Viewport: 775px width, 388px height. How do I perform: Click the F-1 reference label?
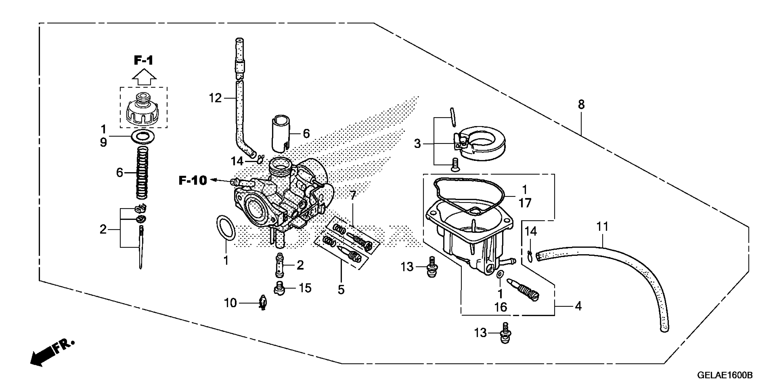tap(144, 60)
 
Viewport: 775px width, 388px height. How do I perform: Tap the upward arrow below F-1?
tap(144, 78)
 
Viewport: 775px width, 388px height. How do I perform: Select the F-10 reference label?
tap(193, 181)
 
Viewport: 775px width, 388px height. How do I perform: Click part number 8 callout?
tap(581, 105)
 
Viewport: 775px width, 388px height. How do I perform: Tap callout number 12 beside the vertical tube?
tap(215, 98)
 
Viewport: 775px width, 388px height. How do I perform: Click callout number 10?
tap(230, 303)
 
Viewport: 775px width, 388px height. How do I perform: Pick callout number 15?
tap(305, 288)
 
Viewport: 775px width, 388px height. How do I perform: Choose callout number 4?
tap(578, 306)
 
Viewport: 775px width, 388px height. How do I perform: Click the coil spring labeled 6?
tap(143, 172)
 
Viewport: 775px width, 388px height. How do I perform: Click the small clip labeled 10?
tap(263, 302)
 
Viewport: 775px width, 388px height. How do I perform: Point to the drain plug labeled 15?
tap(280, 288)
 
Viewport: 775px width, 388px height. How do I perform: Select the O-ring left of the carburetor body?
tap(226, 228)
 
